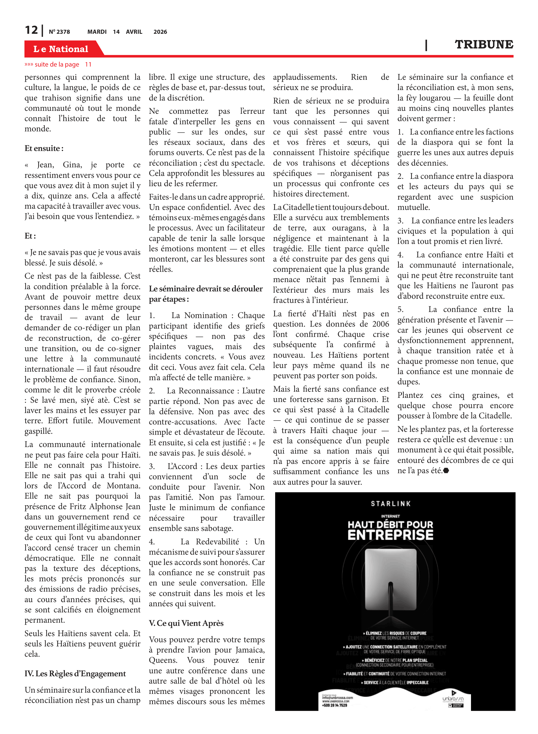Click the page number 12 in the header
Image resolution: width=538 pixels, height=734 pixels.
[32, 30]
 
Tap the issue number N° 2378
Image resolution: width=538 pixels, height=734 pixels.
[59, 32]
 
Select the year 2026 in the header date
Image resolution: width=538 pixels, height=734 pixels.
[160, 32]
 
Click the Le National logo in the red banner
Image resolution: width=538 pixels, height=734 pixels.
[61, 49]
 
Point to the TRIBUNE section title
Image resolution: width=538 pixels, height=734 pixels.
[484, 45]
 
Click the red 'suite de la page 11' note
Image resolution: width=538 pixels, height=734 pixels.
[58, 65]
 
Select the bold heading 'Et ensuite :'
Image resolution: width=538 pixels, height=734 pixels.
[44, 149]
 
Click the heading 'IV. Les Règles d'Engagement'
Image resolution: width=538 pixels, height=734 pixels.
[75, 673]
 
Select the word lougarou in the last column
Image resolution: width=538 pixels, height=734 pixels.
[435, 98]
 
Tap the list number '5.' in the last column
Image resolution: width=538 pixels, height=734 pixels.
[401, 310]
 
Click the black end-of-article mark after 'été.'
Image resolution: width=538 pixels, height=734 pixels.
[446, 470]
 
